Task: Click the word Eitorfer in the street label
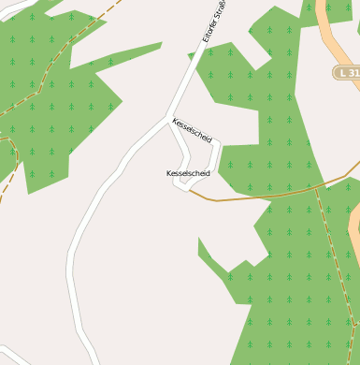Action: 211,29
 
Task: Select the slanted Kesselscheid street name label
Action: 193,130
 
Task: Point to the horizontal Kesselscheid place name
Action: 188,173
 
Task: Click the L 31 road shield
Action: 347,72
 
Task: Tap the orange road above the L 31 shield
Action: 328,28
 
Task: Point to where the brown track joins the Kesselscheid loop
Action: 189,190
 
